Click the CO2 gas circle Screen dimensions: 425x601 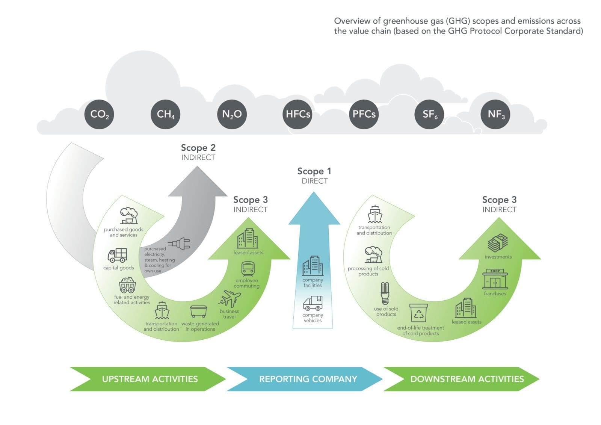tap(100, 114)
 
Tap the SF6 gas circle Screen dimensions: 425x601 tap(429, 114)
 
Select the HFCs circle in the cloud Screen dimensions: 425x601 tap(297, 114)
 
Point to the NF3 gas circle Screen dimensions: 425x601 tap(495, 114)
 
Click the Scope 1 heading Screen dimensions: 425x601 tap(314, 171)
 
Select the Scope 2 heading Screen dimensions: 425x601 tap(198, 148)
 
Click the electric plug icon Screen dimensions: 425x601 tap(180, 244)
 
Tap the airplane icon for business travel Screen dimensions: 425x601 tap(230, 299)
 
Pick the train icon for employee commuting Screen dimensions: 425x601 tap(248, 269)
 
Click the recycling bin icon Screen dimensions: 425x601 tap(418, 313)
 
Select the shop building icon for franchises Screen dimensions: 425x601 tap(495, 279)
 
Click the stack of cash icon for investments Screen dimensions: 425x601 tap(498, 244)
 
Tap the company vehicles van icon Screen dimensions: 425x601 tap(313, 303)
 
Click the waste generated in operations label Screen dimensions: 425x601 tap(200, 326)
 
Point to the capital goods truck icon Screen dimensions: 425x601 tap(118, 255)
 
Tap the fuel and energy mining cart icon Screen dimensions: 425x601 tap(127, 285)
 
